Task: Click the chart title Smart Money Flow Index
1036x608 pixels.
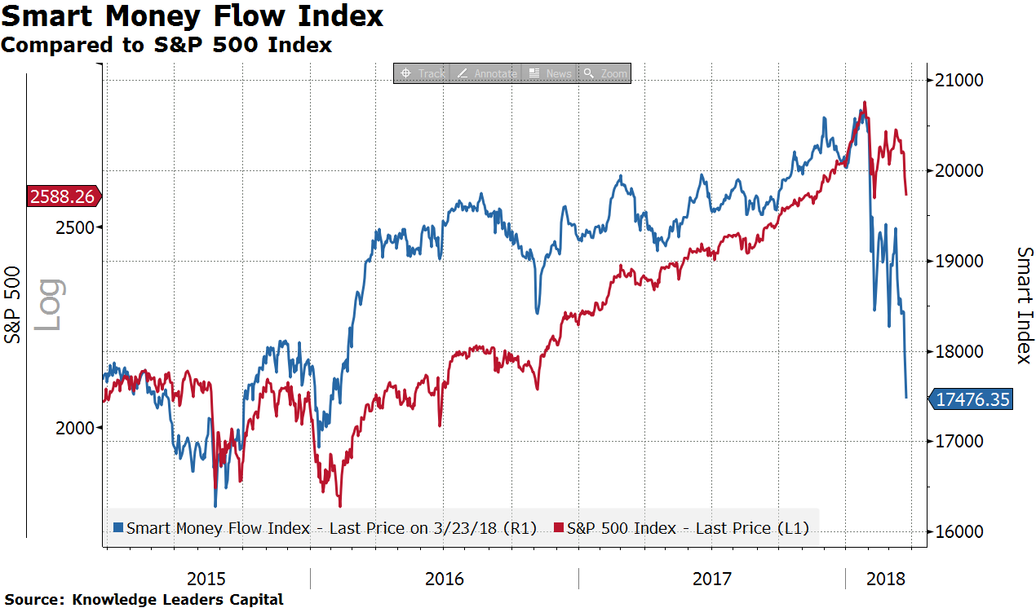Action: click(x=192, y=15)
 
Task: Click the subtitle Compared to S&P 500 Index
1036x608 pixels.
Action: click(x=166, y=45)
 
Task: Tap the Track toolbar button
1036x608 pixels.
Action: click(x=423, y=73)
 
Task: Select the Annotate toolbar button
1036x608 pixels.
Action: click(x=487, y=73)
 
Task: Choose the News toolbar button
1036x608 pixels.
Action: click(x=551, y=73)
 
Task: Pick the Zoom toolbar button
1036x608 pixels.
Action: click(x=605, y=73)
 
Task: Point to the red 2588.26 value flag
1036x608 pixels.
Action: click(x=63, y=196)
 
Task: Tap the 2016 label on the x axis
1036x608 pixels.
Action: click(x=444, y=579)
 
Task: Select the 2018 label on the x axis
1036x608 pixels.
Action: click(x=886, y=579)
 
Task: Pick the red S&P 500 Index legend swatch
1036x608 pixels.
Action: click(x=559, y=528)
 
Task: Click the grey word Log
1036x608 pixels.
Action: click(x=49, y=305)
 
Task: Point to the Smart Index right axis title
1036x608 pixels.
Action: click(x=1024, y=305)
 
